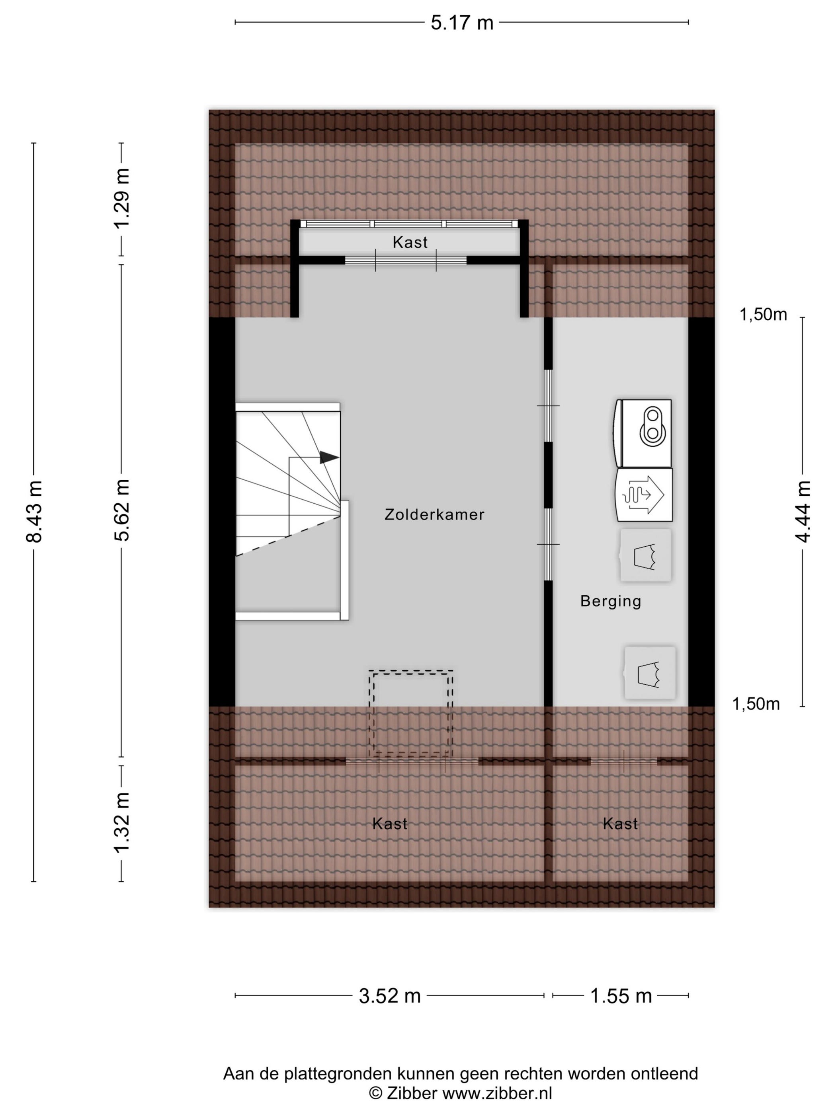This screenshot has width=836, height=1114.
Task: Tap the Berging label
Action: tap(611, 601)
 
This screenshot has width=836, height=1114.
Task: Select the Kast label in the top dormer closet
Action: tap(410, 242)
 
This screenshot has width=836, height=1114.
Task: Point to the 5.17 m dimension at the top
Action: tap(461, 23)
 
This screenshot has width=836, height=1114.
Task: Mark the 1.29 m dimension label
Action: tap(121, 198)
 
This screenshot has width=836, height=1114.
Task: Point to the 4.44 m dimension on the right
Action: tap(803, 511)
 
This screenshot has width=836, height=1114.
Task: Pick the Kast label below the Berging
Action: tap(620, 824)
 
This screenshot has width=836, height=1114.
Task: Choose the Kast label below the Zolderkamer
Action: tap(389, 824)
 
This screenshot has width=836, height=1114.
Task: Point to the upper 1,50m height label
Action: tap(763, 315)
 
